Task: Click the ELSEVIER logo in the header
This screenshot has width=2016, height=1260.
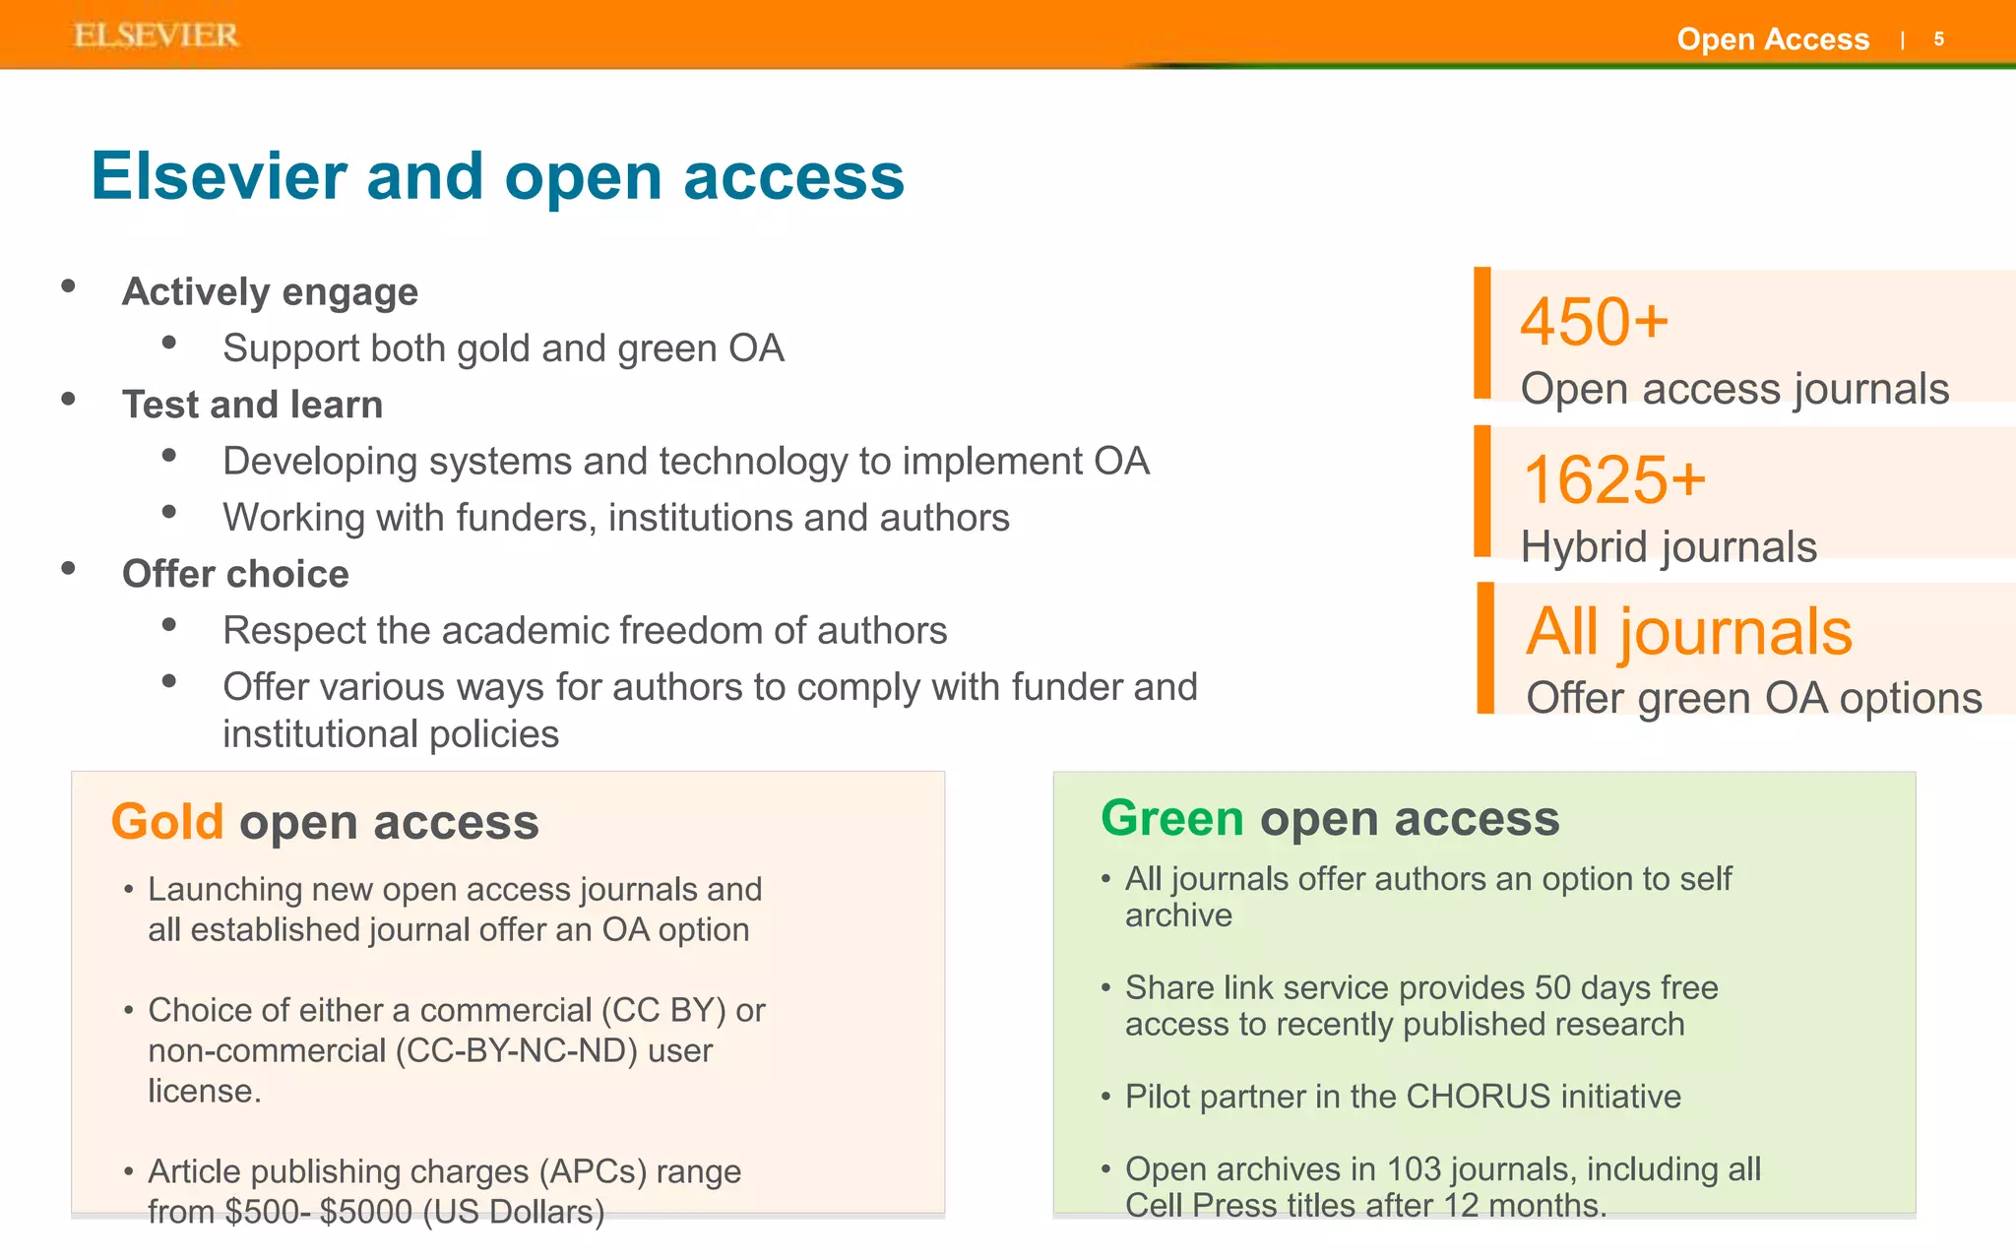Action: (x=156, y=35)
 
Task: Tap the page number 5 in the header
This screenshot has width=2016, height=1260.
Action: (x=1938, y=39)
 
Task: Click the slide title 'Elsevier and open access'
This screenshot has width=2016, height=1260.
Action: (x=497, y=177)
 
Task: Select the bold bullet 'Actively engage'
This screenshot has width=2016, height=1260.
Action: (x=270, y=292)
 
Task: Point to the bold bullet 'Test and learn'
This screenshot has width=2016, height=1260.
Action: (x=252, y=405)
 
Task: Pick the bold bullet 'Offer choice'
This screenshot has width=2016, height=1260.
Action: (x=235, y=574)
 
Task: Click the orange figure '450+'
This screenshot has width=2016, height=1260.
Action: (x=1594, y=322)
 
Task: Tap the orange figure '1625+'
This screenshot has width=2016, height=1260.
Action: (x=1613, y=480)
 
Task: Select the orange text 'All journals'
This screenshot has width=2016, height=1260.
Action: (x=1688, y=631)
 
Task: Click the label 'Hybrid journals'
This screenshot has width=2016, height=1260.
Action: (x=1669, y=547)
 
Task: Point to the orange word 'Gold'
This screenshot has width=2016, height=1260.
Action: (x=167, y=822)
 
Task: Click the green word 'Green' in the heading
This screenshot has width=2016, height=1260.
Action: (x=1171, y=818)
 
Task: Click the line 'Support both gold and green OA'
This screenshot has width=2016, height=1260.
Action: (x=503, y=348)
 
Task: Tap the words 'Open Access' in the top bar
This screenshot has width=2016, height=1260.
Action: (x=1773, y=39)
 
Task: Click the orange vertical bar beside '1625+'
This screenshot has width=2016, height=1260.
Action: (x=1482, y=490)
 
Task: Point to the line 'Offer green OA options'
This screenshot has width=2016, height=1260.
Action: (x=1753, y=698)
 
